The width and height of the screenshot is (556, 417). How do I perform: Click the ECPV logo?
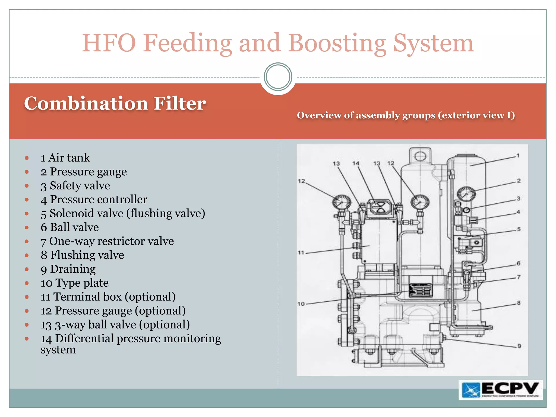point(500,390)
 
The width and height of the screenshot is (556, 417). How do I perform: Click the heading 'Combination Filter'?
point(115,103)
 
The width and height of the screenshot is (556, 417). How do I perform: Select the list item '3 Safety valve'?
point(75,186)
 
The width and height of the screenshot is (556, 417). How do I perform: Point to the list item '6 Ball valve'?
point(70,227)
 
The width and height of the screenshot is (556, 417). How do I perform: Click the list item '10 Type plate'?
point(75,283)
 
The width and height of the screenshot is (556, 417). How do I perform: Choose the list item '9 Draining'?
point(68,269)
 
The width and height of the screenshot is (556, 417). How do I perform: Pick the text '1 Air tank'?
point(65,158)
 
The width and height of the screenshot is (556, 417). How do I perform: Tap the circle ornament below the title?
point(278,77)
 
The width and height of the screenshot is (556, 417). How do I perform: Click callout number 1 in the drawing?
point(518,156)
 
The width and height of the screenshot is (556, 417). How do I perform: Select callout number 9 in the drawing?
point(519,346)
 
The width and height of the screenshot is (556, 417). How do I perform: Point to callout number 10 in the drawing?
point(301,304)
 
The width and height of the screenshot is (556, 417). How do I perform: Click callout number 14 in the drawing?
point(356,163)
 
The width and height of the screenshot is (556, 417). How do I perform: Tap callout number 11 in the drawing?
point(301,252)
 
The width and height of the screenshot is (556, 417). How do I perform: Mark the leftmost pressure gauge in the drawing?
point(342,203)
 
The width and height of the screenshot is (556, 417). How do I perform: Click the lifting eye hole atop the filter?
point(420,156)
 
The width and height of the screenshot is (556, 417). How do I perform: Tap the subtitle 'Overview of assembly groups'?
point(406,115)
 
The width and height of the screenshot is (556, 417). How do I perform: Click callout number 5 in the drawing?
point(519,229)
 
